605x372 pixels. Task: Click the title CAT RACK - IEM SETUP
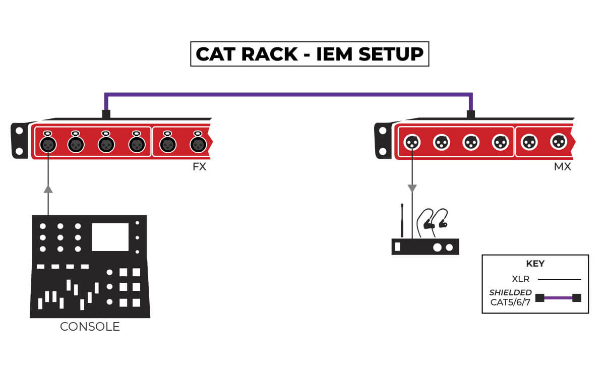pos(309,54)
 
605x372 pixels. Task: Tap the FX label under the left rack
pos(199,167)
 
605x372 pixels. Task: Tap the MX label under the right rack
pos(562,167)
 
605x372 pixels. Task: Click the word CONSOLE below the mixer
pos(90,327)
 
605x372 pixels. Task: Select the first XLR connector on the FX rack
pos(48,144)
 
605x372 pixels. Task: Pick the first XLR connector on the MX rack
pos(412,142)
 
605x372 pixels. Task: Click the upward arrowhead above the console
pos(48,189)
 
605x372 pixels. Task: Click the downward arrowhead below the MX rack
pos(412,189)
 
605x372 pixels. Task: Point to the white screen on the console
pos(110,237)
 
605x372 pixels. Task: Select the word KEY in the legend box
pos(535,264)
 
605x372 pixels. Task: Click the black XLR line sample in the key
pos(559,279)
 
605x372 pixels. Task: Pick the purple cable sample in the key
pos(558,298)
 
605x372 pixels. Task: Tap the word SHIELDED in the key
pos(510,292)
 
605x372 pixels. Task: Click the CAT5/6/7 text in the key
pos(511,302)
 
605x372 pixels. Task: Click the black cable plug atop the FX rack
pos(106,114)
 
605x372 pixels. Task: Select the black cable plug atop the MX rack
pos(470,114)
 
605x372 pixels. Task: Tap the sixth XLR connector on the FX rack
pos(198,144)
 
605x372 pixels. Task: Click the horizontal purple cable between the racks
pos(287,94)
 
